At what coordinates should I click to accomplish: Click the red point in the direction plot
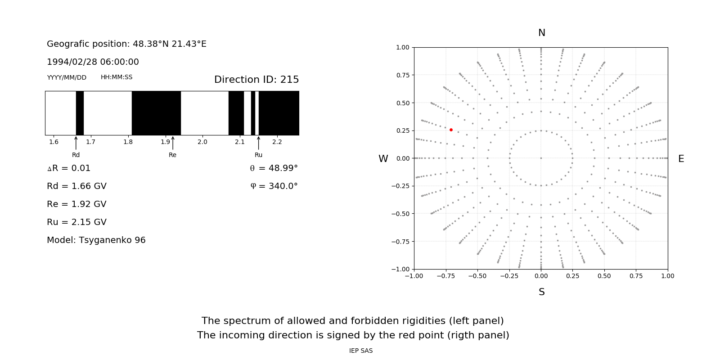pos(451,130)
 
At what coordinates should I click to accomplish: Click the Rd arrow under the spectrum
pos(76,143)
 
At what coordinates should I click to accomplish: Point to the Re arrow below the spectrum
pos(173,143)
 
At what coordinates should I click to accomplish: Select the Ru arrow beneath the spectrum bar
pos(258,143)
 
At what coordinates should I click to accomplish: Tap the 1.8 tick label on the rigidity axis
pos(128,142)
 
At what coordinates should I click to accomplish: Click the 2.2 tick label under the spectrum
pos(277,142)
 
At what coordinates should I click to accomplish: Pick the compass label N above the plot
pos(541,33)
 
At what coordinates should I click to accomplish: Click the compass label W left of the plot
pos(383,159)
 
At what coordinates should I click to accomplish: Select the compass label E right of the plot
pos(681,159)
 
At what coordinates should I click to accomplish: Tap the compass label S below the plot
pos(541,292)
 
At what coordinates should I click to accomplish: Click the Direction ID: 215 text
pos(256,80)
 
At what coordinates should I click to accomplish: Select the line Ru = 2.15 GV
pos(76,222)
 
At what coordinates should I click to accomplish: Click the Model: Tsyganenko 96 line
pos(96,240)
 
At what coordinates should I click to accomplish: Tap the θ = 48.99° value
pos(274,168)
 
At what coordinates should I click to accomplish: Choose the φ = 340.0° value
pos(274,186)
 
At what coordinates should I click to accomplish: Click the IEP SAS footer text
pos(361,351)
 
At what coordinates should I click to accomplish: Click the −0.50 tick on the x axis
pos(477,276)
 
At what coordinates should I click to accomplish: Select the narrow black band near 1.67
pos(80,113)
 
